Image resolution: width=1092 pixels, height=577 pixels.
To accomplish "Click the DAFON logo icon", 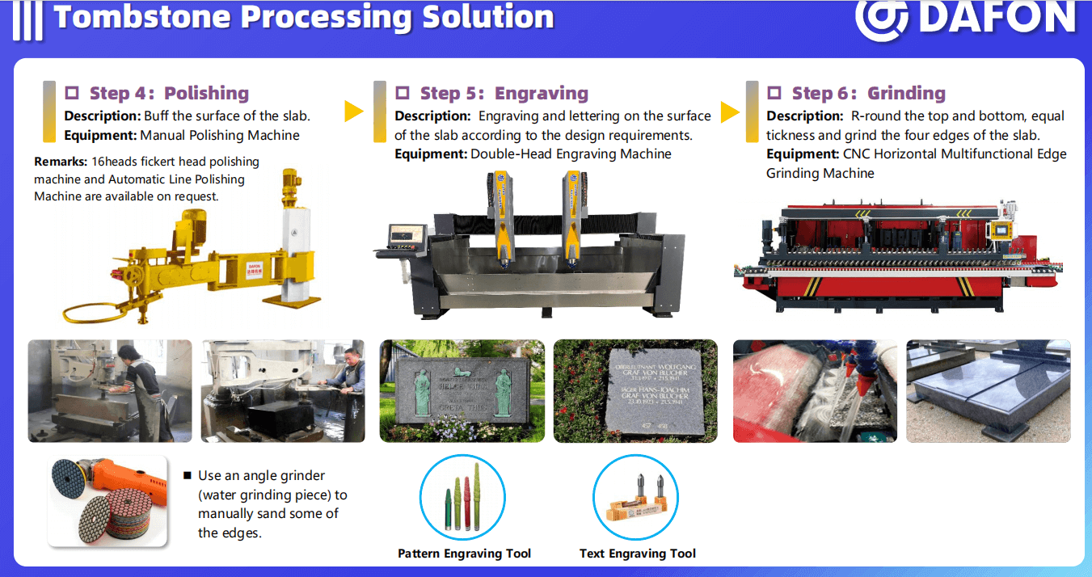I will [883, 19].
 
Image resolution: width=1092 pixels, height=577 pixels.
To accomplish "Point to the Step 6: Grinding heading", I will [868, 93].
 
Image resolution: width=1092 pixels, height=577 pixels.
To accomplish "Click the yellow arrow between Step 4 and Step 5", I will [353, 112].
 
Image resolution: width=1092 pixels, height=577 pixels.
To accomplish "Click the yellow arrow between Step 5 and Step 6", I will [730, 112].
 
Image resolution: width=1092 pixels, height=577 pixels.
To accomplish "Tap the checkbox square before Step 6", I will [774, 93].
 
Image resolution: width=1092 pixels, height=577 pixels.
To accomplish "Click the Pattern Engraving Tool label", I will [464, 554].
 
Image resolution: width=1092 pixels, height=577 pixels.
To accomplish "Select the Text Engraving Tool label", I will [637, 554].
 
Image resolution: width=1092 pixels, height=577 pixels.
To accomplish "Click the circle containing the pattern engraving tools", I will [462, 495].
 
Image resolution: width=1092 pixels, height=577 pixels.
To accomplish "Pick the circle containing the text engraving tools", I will [635, 496].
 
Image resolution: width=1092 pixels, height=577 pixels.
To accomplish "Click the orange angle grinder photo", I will [108, 501].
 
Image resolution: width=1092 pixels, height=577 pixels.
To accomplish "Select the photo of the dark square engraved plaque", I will [635, 391].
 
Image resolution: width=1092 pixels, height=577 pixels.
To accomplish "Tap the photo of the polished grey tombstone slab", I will [988, 391].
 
